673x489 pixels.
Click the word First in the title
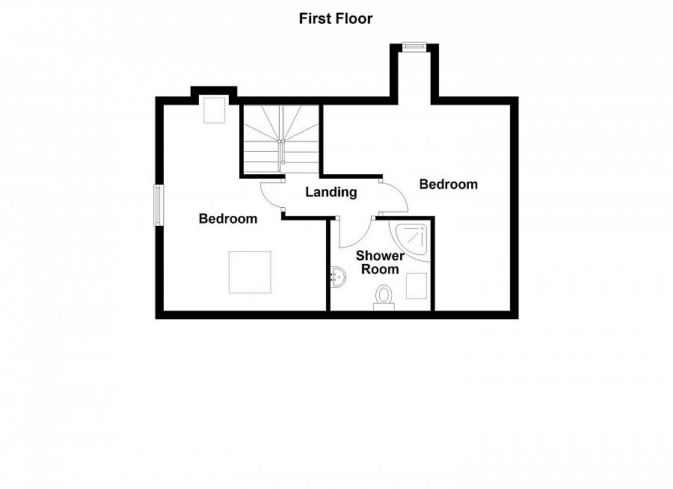click(314, 19)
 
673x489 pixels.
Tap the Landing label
click(331, 192)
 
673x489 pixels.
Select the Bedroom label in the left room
click(228, 219)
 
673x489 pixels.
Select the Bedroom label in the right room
click(448, 184)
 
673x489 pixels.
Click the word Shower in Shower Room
click(380, 256)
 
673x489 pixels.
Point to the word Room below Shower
click(380, 269)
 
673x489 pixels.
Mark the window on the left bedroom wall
click(158, 205)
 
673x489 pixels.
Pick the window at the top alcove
click(414, 46)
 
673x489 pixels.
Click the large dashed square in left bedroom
click(250, 272)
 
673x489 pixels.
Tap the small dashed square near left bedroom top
click(215, 110)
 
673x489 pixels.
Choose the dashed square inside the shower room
click(417, 286)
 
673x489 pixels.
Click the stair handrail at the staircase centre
click(281, 150)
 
